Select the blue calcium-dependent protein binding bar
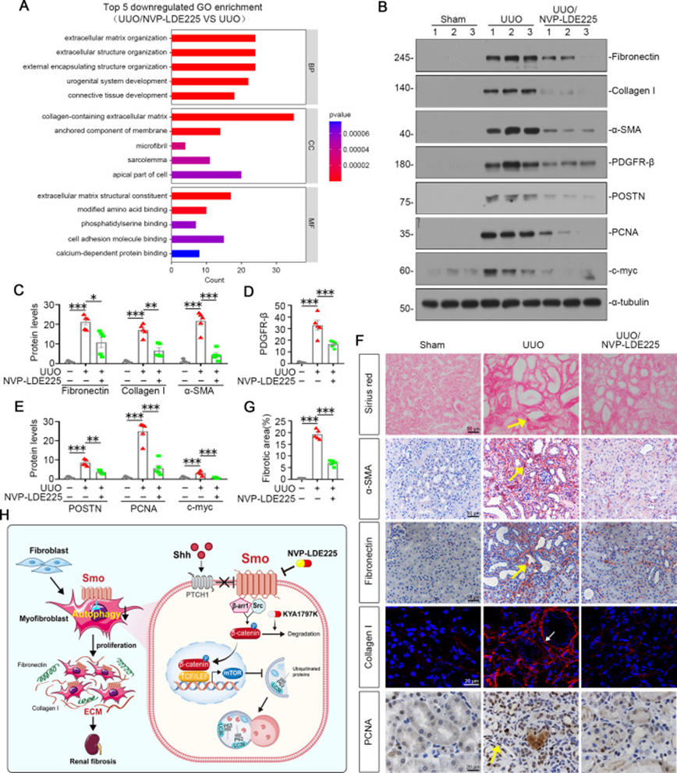[x=186, y=253]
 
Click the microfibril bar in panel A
[x=178, y=145]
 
